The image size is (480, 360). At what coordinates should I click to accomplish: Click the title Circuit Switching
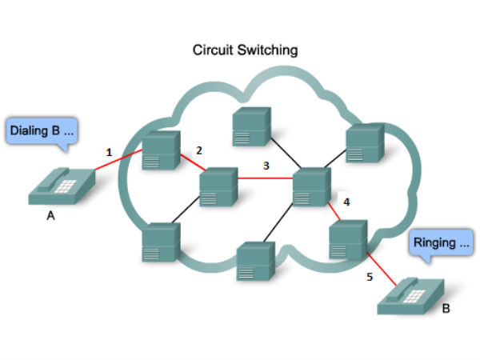point(246,50)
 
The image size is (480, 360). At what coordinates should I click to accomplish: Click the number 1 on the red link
point(110,150)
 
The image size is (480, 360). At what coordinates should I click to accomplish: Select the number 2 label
point(199,150)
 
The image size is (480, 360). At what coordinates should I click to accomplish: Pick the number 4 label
point(346,202)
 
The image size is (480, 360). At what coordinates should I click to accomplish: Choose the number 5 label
point(369,278)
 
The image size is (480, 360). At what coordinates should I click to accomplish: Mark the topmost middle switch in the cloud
point(252,125)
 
